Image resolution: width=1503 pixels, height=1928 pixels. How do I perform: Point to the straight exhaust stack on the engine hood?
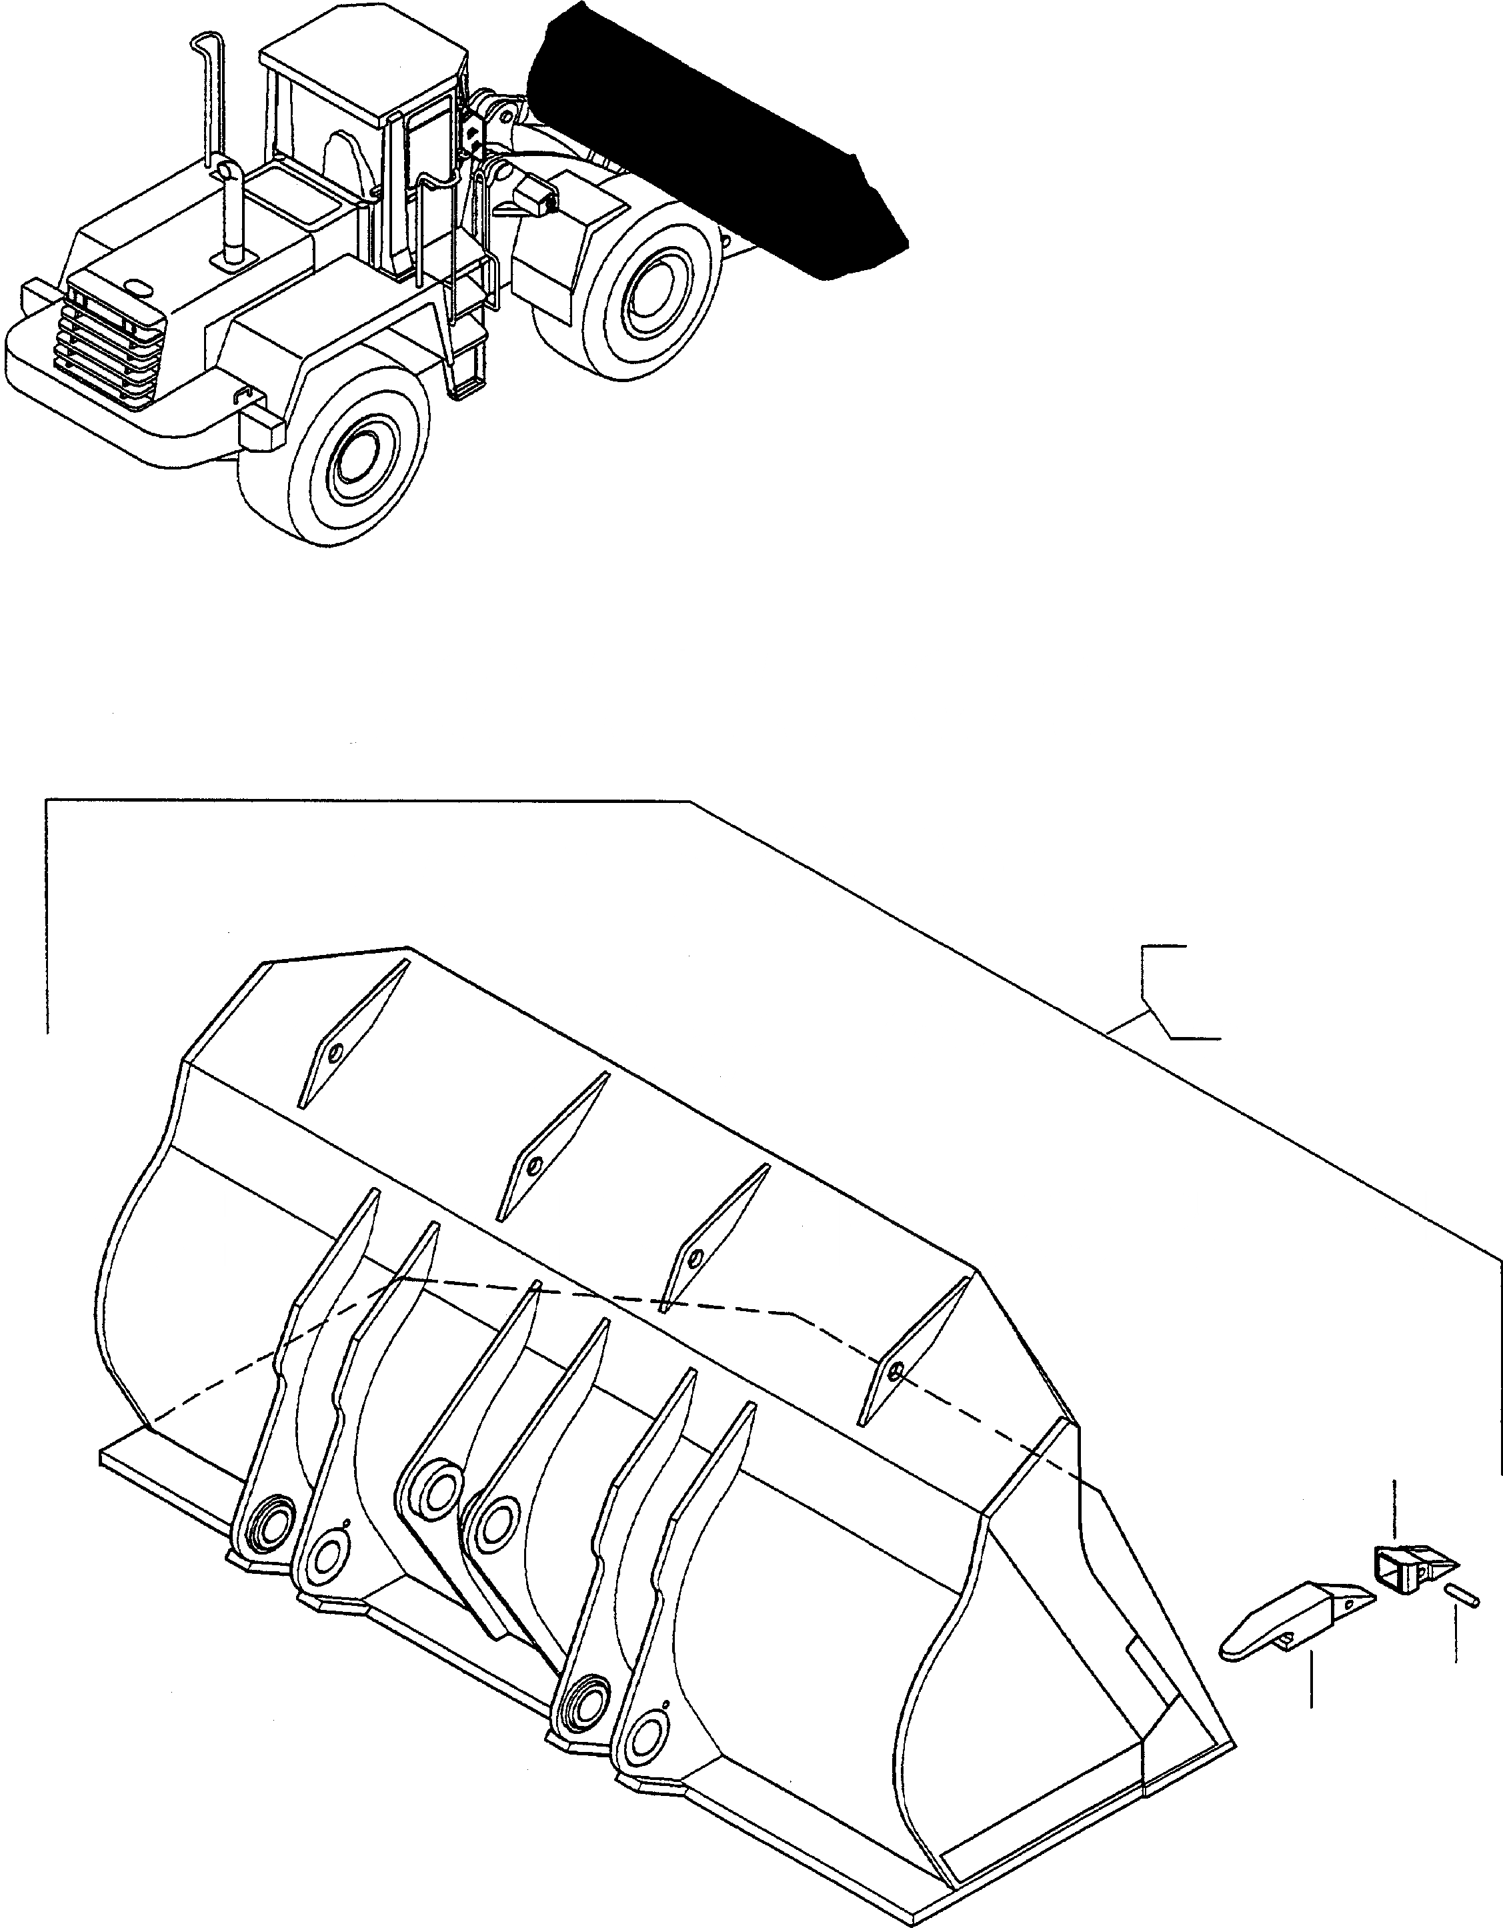pyautogui.click(x=231, y=212)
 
